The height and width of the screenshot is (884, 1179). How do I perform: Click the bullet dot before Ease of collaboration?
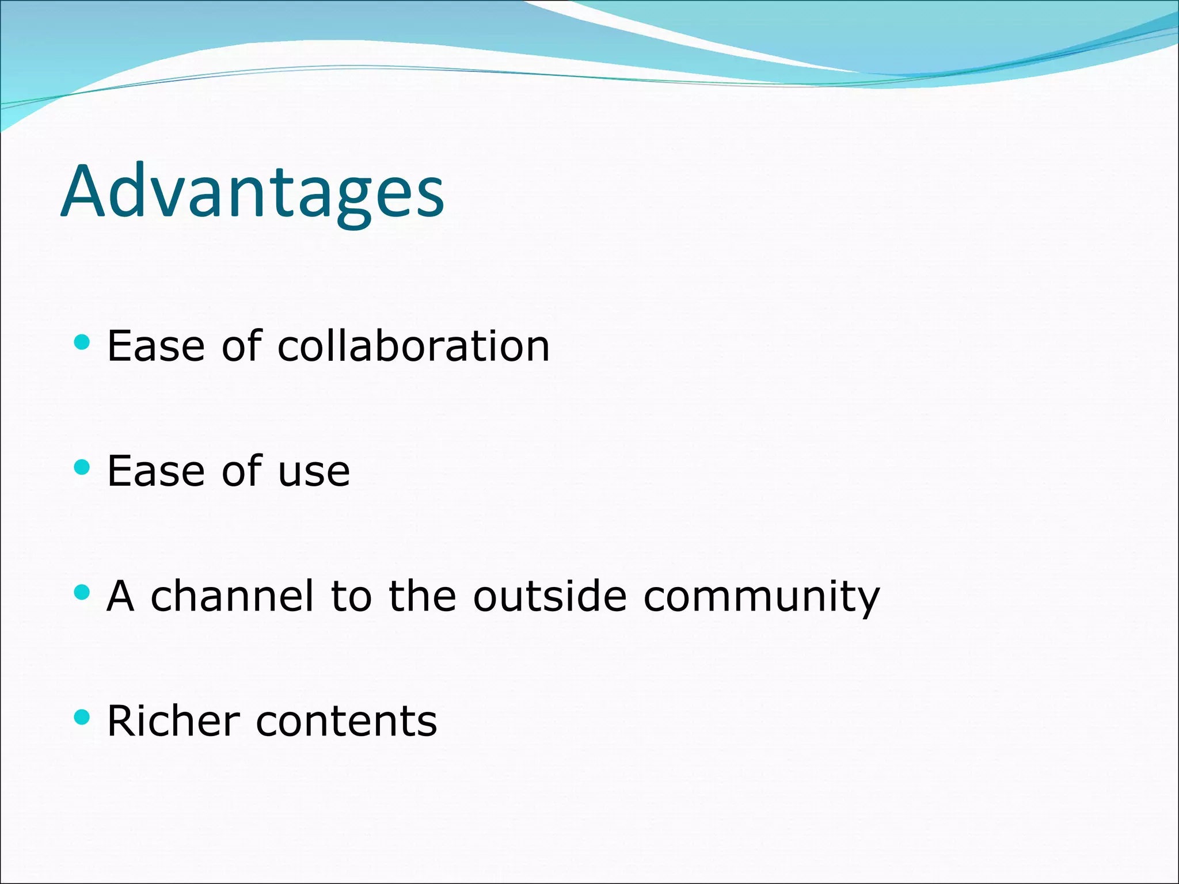(82, 342)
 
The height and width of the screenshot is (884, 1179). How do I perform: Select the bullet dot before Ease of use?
(82, 467)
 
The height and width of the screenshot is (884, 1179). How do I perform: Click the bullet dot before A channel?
(82, 592)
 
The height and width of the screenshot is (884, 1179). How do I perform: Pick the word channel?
(233, 596)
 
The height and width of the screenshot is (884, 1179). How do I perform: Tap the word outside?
(549, 596)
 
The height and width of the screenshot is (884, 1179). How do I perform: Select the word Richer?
(173, 721)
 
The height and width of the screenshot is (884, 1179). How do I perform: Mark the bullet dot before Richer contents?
(82, 717)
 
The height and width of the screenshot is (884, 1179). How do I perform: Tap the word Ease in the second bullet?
(156, 471)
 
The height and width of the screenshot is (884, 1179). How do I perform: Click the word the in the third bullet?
(423, 596)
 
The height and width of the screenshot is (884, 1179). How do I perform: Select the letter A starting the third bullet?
(121, 596)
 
